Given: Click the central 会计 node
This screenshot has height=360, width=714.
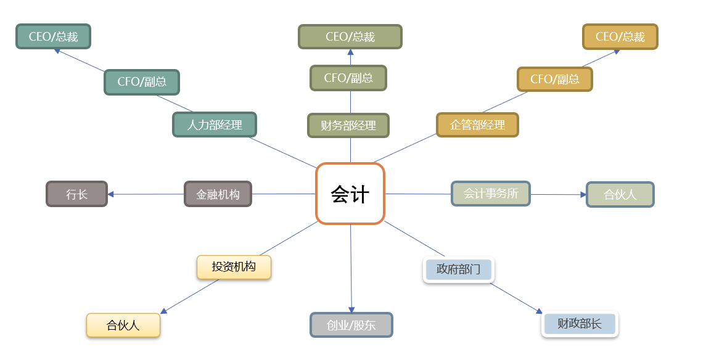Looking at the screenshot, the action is point(350,194).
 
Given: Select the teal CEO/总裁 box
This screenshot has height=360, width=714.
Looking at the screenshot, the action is point(53,36).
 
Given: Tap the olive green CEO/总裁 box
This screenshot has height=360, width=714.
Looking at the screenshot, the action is point(350,36).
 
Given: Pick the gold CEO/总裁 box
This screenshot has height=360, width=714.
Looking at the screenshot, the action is point(620,36).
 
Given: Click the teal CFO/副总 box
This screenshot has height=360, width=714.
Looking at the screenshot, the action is point(142,82).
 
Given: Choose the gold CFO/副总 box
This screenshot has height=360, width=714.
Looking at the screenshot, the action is point(555,79).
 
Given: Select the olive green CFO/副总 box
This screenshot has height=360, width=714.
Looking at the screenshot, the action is point(348,78).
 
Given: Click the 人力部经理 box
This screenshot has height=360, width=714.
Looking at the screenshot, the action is point(215,125).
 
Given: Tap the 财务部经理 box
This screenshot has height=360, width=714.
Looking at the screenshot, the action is point(348,125).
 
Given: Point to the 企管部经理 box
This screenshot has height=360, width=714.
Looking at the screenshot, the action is point(477,125).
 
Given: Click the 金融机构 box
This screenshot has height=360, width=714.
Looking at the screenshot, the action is point(218,194).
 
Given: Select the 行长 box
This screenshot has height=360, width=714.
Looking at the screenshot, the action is point(76,194).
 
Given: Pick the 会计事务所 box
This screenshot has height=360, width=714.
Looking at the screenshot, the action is point(491,194).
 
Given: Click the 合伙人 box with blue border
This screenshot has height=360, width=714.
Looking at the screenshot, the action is point(620,194).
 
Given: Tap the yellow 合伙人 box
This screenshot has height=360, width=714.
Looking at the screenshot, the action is point(123,325).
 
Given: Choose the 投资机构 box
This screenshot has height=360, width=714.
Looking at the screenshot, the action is point(234,267).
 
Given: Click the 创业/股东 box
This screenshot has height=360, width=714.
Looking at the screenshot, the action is point(351,325).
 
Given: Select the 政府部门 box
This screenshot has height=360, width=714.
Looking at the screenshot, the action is point(459,269).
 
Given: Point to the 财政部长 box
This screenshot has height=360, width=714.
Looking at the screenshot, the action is point(580,324).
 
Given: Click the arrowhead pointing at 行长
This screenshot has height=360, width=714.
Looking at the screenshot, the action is point(110,194).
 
